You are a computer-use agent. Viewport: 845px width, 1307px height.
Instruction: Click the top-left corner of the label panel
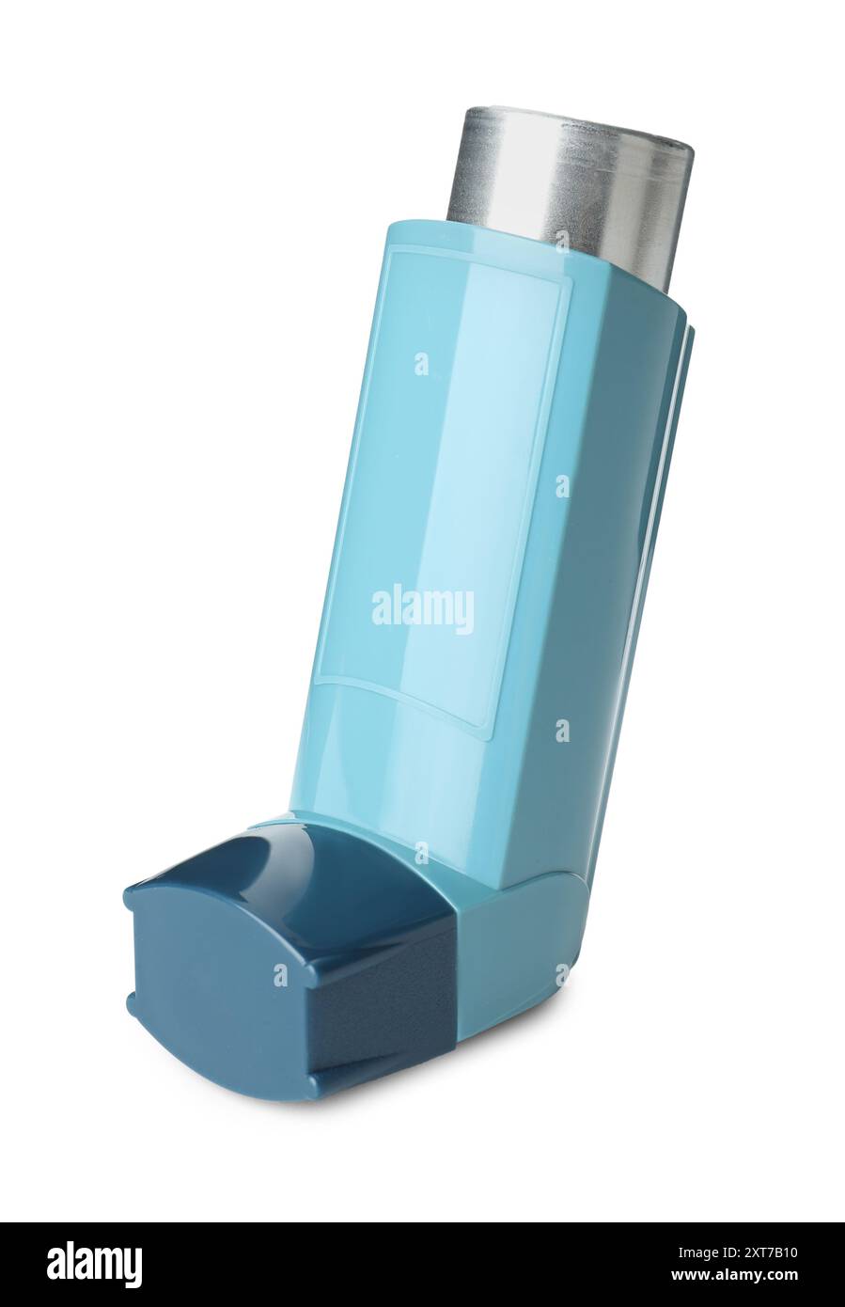coord(394,252)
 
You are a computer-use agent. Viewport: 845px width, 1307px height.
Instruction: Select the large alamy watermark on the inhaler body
coord(423,608)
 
